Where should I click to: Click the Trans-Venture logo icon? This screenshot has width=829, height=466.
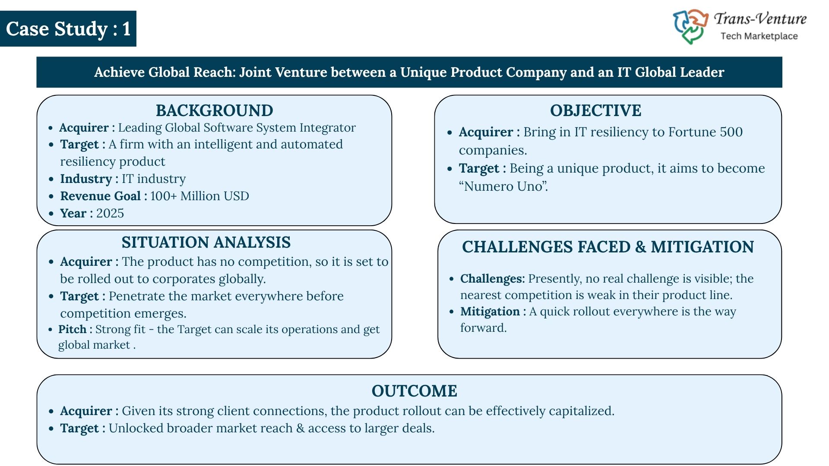coord(690,27)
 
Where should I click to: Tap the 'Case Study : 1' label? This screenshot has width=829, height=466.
coord(68,29)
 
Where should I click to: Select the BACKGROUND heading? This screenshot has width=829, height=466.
coord(214,110)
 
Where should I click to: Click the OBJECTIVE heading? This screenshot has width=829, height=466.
coord(595,110)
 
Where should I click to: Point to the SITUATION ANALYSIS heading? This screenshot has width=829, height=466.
coord(206,242)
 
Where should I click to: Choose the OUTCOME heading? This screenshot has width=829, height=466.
coord(414,391)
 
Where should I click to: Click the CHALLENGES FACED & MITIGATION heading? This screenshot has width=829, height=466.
coord(608,247)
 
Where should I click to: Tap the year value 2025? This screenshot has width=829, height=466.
coord(110,213)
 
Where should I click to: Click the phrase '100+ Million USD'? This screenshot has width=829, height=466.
coord(199,196)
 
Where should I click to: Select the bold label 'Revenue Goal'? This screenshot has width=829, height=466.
coord(101,196)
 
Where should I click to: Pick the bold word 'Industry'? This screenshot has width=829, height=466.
coord(86,179)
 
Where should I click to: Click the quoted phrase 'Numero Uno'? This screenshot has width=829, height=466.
coord(503,186)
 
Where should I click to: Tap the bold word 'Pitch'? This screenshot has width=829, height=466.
coord(73,329)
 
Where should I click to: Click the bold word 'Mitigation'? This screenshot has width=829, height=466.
coord(490,312)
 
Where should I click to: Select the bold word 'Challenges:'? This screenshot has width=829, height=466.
coord(493,279)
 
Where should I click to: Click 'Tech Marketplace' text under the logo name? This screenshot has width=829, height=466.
coord(759,36)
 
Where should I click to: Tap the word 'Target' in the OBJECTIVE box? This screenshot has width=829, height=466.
coord(479,168)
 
